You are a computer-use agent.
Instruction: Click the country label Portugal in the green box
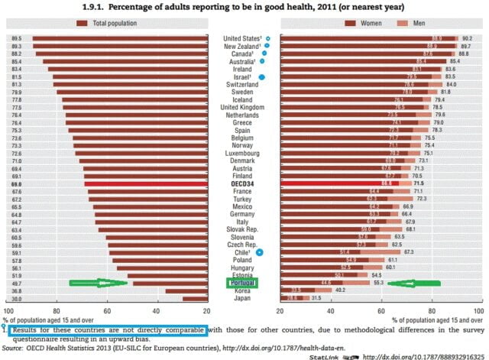(241, 283)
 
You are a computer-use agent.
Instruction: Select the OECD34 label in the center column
(242, 184)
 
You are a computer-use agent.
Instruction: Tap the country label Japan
(242, 299)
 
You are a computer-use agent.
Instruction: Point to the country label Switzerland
(242, 85)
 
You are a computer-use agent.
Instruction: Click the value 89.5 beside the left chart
(16, 37)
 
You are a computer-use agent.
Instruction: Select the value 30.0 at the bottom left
(16, 299)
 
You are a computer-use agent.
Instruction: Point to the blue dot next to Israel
(262, 77)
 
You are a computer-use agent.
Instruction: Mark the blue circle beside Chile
(260, 251)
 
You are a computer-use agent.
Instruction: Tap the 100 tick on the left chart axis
(9, 311)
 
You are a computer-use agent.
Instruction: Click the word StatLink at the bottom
(325, 355)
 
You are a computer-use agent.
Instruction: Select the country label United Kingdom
(242, 108)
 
